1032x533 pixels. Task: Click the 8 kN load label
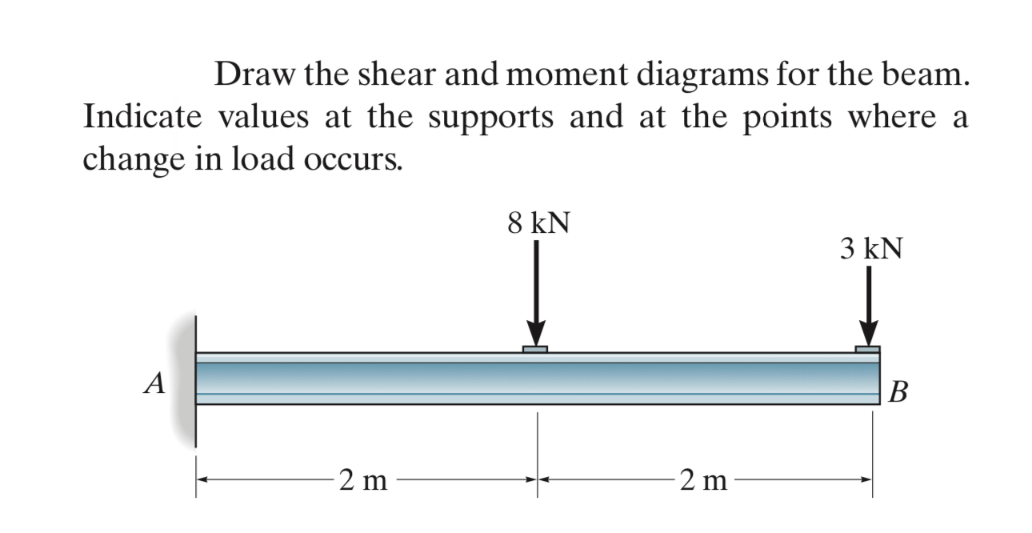click(538, 223)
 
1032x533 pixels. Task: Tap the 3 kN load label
click(871, 249)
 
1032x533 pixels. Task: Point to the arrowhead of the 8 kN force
click(536, 333)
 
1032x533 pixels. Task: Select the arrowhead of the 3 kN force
click(869, 333)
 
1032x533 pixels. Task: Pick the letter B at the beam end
click(899, 393)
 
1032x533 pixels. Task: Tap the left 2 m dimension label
click(362, 481)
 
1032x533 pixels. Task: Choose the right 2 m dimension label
click(703, 481)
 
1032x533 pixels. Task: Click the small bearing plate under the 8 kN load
click(535, 350)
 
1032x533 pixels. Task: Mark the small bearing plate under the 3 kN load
click(867, 350)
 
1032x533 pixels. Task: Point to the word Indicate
click(137, 118)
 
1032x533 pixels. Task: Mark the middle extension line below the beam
click(537, 452)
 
